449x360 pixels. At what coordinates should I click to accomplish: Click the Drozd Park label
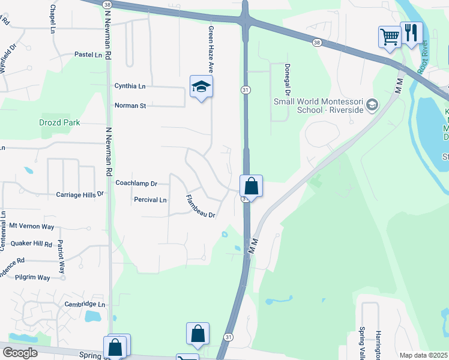[60, 122]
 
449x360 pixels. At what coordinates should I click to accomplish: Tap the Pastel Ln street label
[88, 55]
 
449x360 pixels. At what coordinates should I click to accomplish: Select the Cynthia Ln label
[130, 86]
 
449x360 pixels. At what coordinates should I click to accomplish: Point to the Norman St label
[130, 106]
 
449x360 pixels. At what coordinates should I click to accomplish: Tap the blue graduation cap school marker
[202, 87]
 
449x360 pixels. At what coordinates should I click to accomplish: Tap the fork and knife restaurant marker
[411, 33]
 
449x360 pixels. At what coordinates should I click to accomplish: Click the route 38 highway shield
[316, 42]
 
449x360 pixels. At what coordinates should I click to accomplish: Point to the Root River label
[424, 55]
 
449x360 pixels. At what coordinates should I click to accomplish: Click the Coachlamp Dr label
[136, 183]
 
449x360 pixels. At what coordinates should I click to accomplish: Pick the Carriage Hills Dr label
[80, 194]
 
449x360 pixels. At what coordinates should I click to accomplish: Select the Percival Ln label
[150, 200]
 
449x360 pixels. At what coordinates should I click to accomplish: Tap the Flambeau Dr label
[200, 206]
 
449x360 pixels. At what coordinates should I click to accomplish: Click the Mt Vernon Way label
[32, 226]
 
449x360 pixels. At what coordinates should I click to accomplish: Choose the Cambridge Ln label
[85, 304]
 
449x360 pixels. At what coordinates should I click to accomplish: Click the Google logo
[20, 353]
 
